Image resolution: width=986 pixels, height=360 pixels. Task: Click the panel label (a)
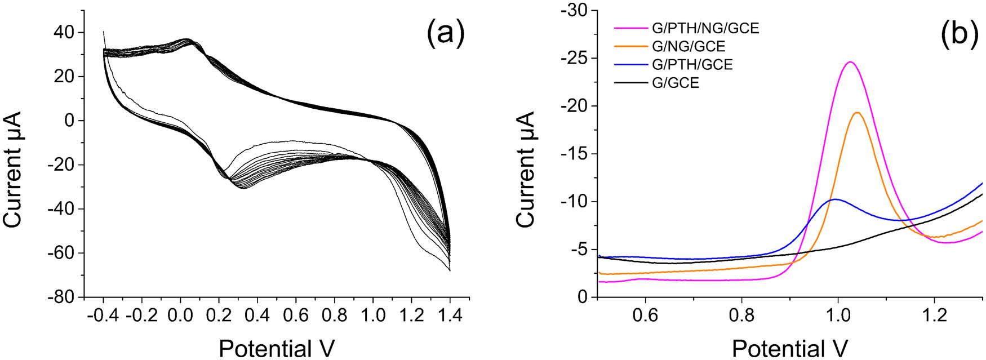[x=446, y=33]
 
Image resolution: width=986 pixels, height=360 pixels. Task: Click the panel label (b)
[x=960, y=33]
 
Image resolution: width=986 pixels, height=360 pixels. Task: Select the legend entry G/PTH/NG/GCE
[x=705, y=28]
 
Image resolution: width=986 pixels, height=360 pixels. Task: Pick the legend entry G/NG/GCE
[x=688, y=46]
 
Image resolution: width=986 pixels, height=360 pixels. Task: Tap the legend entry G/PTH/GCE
[x=692, y=64]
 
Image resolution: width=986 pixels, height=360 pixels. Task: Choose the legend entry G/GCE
[x=675, y=83]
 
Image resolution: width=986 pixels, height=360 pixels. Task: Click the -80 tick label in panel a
[x=60, y=297]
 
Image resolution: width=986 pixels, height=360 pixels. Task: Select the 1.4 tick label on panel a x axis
[x=449, y=314]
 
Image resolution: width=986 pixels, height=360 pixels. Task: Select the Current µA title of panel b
[x=525, y=169]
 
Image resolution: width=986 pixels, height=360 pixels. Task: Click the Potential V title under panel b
[x=789, y=348]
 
